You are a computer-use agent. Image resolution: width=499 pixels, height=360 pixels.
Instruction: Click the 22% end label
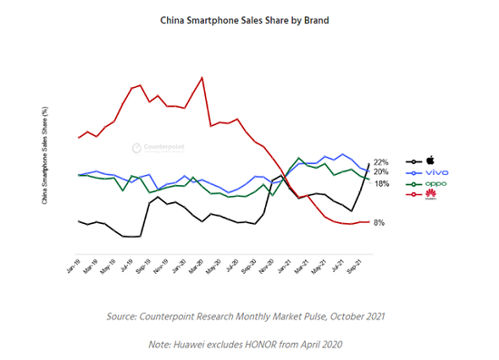click(381, 162)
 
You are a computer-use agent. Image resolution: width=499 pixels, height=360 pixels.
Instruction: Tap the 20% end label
click(381, 172)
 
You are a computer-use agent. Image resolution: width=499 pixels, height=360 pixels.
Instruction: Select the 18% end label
click(381, 183)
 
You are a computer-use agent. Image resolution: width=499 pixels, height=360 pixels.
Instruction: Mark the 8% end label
click(379, 222)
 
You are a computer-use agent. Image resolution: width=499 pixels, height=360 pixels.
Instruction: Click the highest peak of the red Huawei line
click(201, 77)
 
